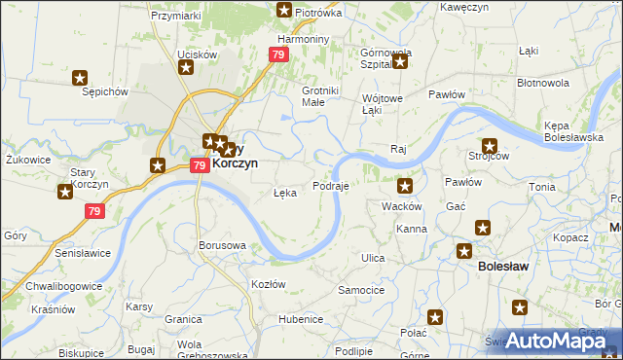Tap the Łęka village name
click(285, 193)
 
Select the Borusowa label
click(221, 245)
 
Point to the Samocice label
click(361, 290)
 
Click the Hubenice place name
click(300, 319)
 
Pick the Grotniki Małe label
click(319, 95)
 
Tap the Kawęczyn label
click(463, 7)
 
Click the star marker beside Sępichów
click(81, 78)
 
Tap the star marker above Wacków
click(405, 186)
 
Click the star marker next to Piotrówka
click(284, 11)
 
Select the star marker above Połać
click(435, 317)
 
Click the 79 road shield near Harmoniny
click(279, 55)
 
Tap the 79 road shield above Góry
click(94, 211)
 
